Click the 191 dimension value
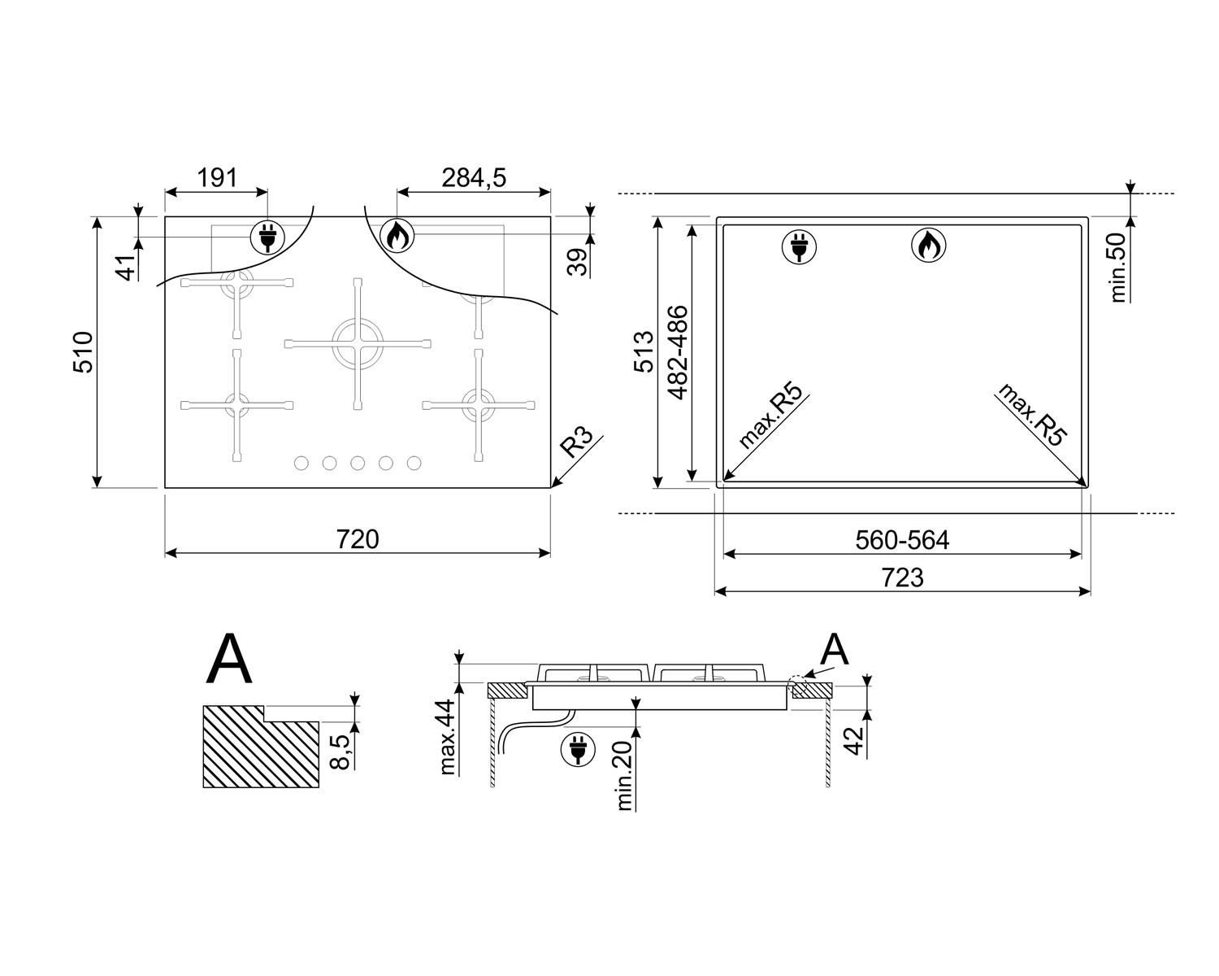[x=217, y=178]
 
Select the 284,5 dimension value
[x=474, y=178]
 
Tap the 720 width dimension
[x=358, y=539]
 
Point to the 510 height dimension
[x=83, y=351]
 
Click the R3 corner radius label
[x=576, y=442]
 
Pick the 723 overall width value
[x=902, y=578]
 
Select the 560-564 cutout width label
[x=902, y=540]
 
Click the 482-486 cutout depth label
[x=678, y=352]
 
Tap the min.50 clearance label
[x=1118, y=267]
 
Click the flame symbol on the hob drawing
[x=397, y=235]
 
